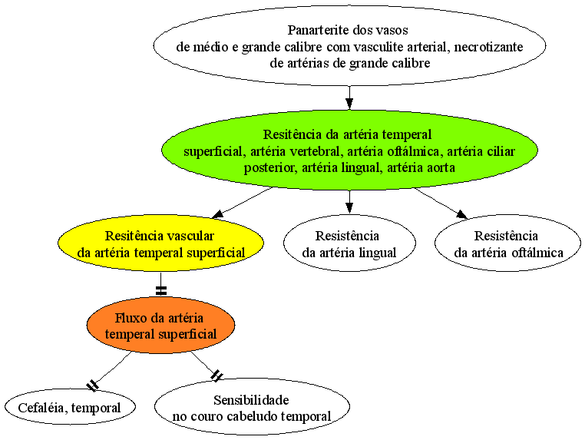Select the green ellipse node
tap(349, 150)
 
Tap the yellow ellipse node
tap(160, 243)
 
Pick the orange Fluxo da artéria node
tap(160, 325)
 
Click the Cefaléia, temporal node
tap(70, 407)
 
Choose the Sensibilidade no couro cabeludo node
tap(252, 407)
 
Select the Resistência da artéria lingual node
tap(349, 243)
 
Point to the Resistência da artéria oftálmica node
tap(507, 243)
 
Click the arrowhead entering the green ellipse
tap(349, 104)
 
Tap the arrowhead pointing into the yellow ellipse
tap(217, 213)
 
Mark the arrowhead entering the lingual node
tap(349, 208)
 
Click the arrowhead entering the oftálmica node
tap(461, 213)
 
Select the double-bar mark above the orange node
tap(160, 290)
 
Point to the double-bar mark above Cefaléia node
tap(92, 385)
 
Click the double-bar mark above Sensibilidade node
tap(216, 375)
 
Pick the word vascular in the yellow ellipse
tap(190, 236)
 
